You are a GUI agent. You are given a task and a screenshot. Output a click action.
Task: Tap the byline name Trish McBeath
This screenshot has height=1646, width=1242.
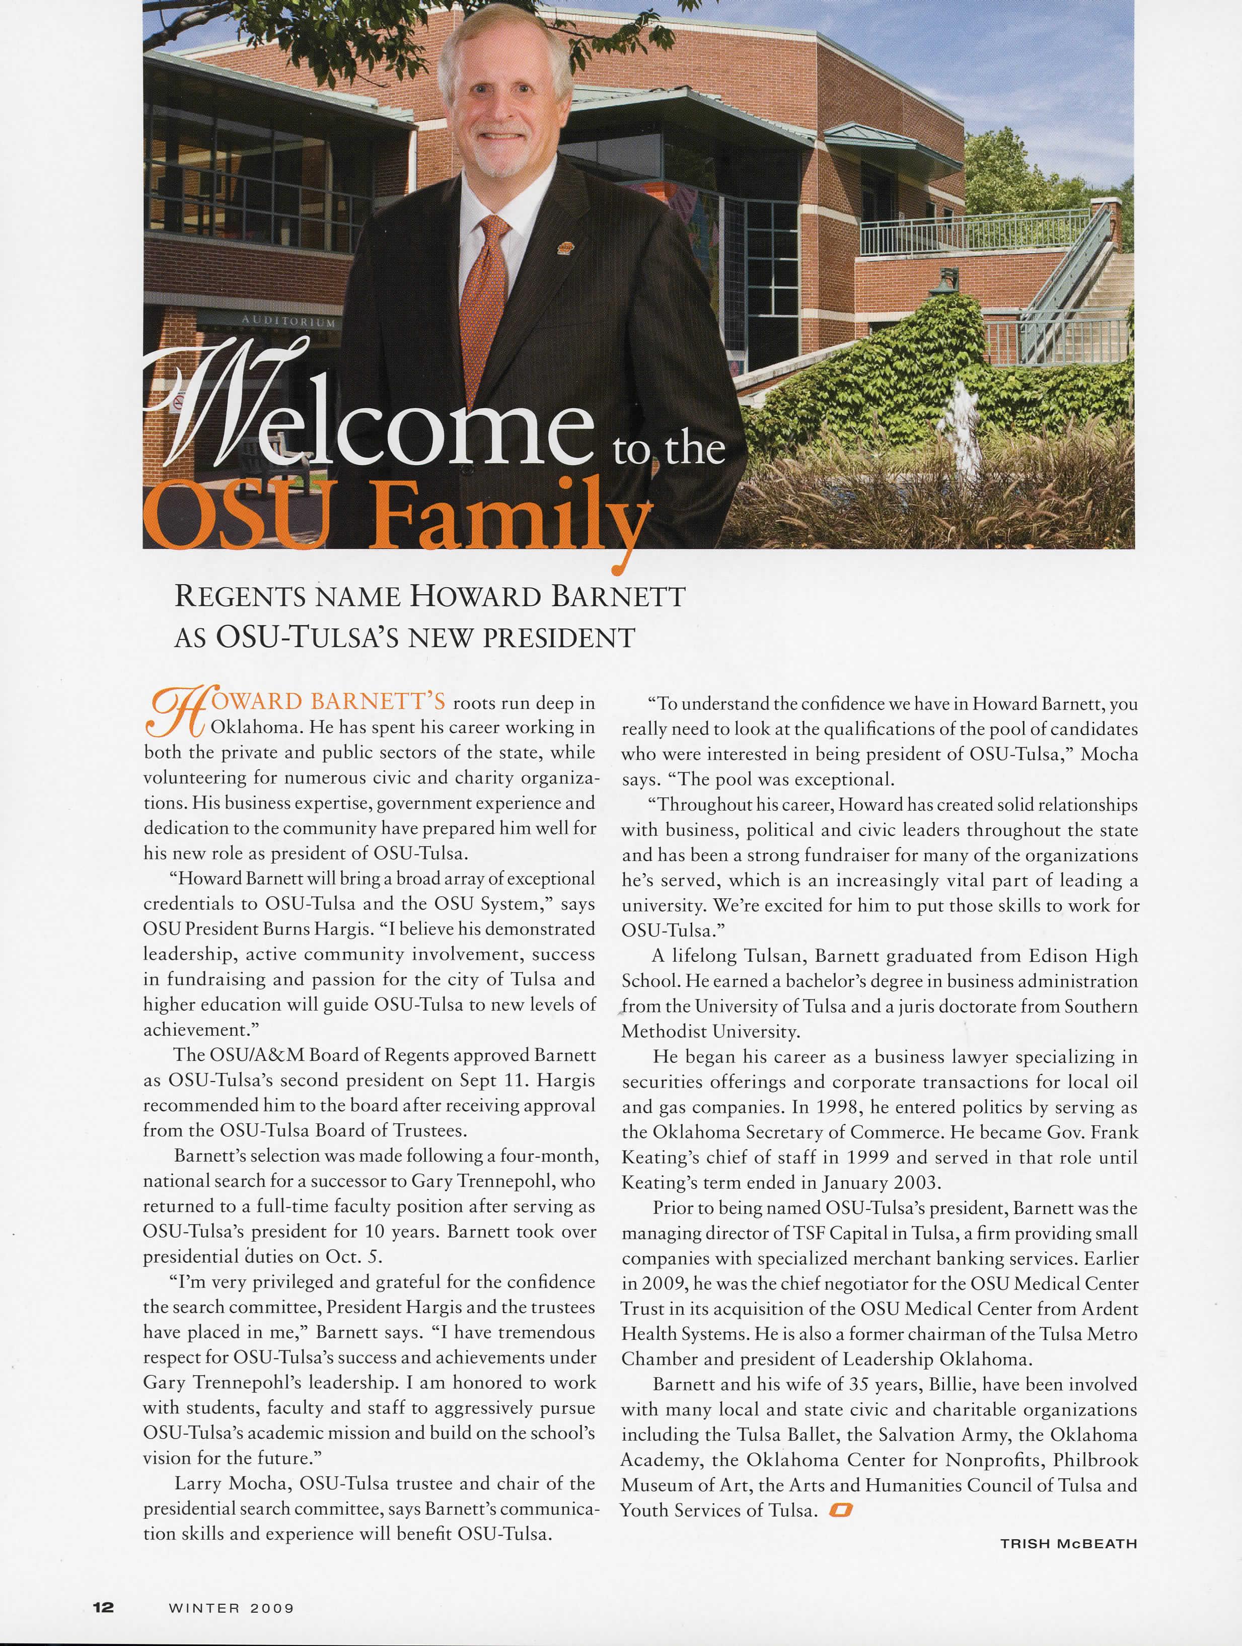1069,1543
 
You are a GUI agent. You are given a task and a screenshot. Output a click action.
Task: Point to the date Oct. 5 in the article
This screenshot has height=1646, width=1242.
353,1257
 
